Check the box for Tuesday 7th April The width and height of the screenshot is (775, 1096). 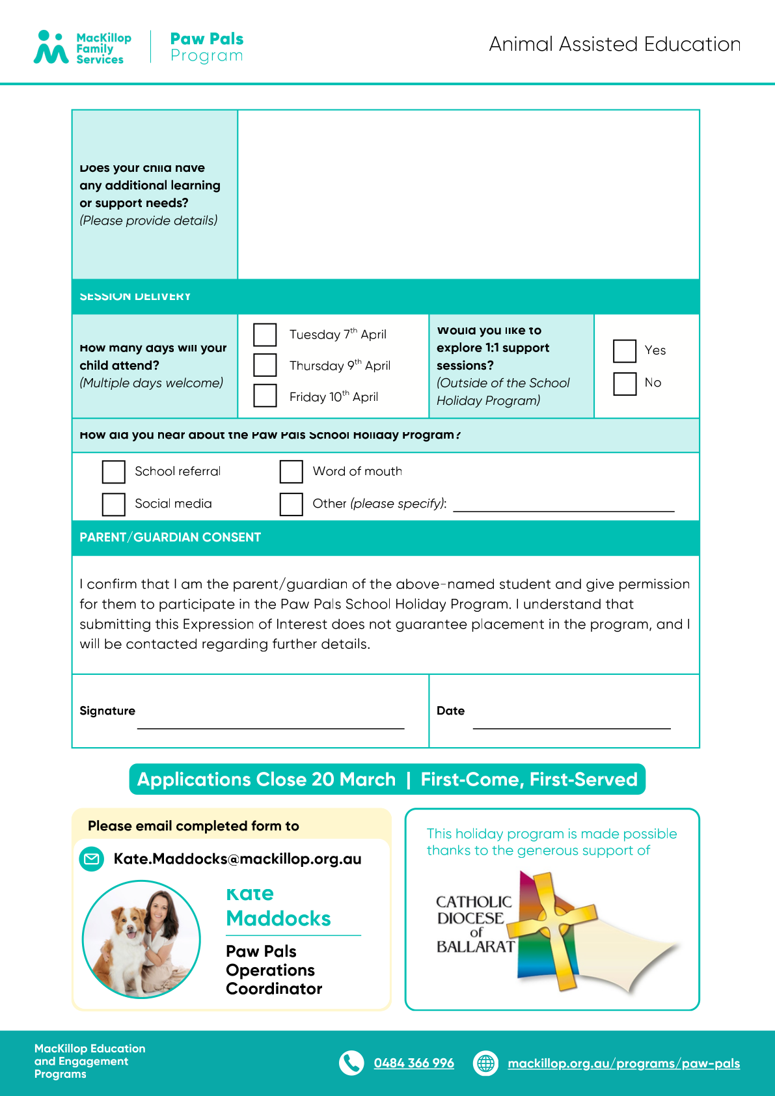265,335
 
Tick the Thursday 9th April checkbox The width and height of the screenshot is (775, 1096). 265,365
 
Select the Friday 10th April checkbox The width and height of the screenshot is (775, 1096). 265,396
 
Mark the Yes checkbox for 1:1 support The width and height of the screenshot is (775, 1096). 625,351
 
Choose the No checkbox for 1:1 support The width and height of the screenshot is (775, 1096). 625,383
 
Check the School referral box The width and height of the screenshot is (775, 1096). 113,472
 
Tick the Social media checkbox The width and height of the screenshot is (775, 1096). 113,504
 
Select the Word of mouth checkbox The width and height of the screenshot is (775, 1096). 291,472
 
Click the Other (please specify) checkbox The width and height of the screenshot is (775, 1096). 291,504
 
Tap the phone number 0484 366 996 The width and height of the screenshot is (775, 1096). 414,1063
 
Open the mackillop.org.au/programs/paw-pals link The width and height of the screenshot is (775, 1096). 623,1063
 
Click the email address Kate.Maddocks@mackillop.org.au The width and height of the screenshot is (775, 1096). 238,859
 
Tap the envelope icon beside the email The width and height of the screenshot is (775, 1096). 92,859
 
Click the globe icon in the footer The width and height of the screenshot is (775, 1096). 485,1063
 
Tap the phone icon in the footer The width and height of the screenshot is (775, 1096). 351,1063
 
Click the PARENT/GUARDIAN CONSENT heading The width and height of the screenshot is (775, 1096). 170,538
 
